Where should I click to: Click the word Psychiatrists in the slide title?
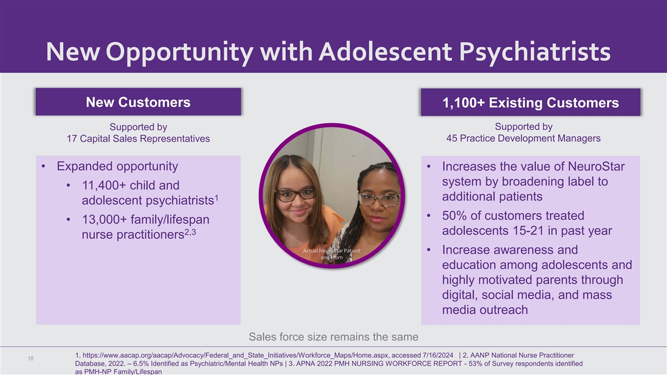[535, 53]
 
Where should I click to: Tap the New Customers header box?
[138, 102]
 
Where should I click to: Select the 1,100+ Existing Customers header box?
[530, 102]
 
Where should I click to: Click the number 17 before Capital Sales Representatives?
[72, 139]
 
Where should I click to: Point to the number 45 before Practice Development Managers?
[452, 138]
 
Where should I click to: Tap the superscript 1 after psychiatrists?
[216, 198]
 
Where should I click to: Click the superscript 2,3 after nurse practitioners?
[190, 232]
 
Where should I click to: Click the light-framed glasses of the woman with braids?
[379, 199]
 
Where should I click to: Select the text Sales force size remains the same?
[333, 337]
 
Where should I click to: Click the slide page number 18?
[31, 359]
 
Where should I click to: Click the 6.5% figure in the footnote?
[141, 364]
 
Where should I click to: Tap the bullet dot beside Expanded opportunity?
[43, 166]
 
